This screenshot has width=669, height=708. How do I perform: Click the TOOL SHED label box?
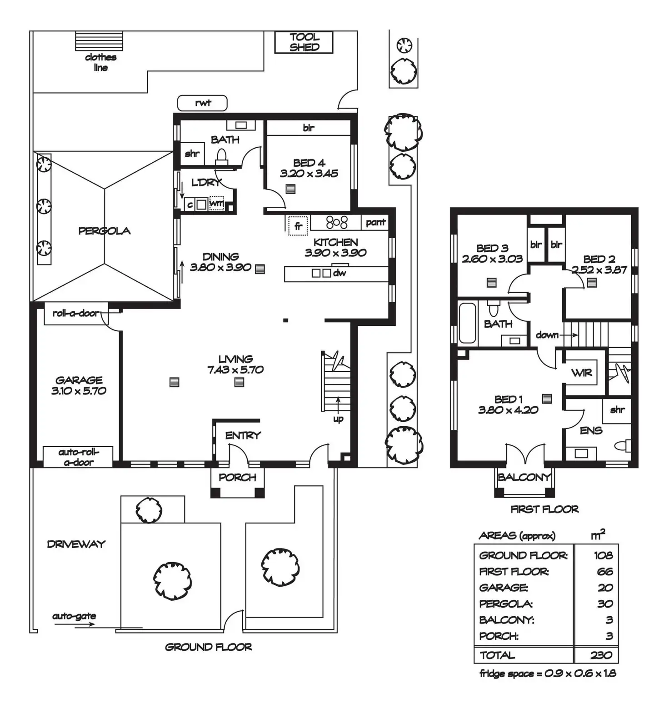coord(304,42)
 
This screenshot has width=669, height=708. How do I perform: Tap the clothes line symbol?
coord(99,41)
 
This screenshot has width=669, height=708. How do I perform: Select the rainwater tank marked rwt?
coord(202,103)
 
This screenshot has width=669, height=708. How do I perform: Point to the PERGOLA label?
coord(104,231)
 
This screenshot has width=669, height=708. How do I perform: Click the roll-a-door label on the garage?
coord(76,313)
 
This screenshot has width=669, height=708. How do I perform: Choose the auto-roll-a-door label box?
coord(78,457)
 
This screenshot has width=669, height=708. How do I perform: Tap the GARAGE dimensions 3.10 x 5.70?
coord(79,391)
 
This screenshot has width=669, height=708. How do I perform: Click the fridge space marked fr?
coord(298,226)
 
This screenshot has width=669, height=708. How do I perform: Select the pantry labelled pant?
coord(375,222)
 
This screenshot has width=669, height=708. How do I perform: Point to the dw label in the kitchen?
coord(339,273)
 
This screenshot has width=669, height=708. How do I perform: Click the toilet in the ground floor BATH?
coord(221,156)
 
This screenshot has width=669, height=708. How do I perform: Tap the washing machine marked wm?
coord(216,204)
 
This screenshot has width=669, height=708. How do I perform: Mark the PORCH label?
coord(237,477)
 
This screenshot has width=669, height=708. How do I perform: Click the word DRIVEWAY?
coord(76,544)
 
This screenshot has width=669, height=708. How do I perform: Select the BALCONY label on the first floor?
coord(524,477)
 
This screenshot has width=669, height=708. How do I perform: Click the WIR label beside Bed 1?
coord(581,373)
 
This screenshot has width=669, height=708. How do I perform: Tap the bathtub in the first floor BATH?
coord(467,323)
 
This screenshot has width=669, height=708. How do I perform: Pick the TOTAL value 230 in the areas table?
coord(601,655)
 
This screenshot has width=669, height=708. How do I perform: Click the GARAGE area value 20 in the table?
coord(605,588)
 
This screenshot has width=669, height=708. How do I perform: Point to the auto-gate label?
coord(74,616)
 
